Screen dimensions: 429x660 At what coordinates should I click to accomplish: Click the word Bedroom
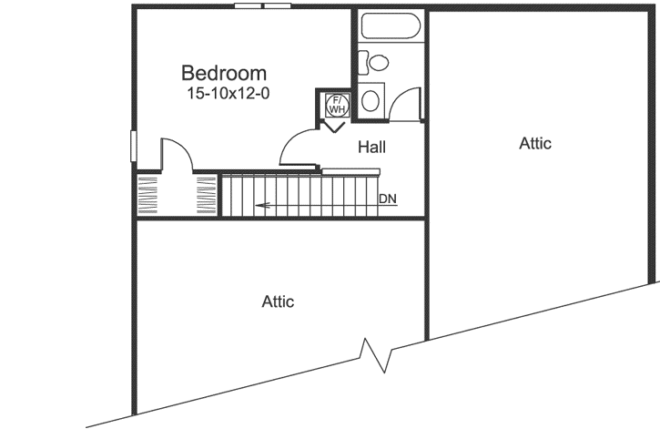(223, 73)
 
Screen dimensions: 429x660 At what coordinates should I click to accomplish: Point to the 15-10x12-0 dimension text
(228, 93)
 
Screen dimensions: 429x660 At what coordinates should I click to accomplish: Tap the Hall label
(371, 147)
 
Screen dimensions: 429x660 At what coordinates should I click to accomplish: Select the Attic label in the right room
(535, 143)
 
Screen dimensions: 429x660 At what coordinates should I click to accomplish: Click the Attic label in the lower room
(278, 301)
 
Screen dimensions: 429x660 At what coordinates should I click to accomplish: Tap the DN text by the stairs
(388, 199)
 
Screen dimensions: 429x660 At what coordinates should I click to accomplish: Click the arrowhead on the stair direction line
(260, 205)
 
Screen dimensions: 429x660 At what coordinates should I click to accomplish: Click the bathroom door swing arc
(403, 100)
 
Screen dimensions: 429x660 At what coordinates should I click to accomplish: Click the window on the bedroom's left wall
(133, 147)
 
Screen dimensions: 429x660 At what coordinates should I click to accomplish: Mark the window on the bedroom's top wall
(262, 6)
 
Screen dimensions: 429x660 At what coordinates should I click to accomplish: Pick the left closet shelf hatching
(147, 193)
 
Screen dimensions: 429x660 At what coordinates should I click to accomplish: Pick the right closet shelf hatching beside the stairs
(207, 193)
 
